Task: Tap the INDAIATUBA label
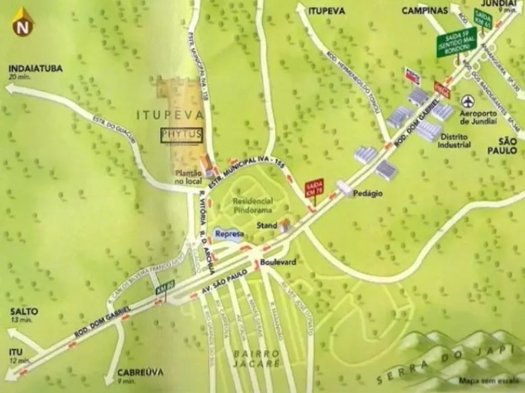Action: [x=36, y=68]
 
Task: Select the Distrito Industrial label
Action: [x=455, y=141]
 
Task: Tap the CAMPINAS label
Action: [x=424, y=10]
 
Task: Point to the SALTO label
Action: [x=24, y=311]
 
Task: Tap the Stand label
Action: [x=267, y=226]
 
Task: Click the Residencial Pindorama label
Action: [x=252, y=205]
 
